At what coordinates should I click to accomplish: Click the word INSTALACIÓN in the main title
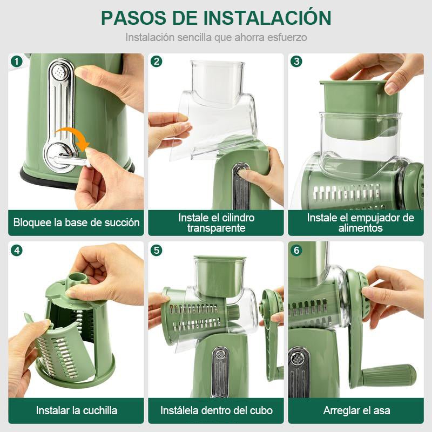pos(267,17)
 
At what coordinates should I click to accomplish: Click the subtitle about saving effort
pos(216,38)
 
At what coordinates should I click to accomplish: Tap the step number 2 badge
pos(156,61)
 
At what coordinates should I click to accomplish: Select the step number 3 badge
pos(296,61)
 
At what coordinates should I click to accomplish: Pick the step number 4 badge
pos(16,250)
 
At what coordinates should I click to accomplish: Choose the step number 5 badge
pos(156,250)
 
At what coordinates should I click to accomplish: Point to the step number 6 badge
pos(296,250)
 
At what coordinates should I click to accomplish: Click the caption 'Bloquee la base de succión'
pos(76,222)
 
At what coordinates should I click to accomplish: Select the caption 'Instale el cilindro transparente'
pos(216,222)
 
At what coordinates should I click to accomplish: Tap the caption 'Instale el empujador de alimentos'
pos(360,222)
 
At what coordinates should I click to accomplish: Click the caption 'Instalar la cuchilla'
pos(76,410)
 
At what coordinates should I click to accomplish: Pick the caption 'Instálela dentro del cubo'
pos(216,410)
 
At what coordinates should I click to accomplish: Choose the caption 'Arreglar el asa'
pos(356,410)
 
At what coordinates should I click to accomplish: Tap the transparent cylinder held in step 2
pos(216,108)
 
